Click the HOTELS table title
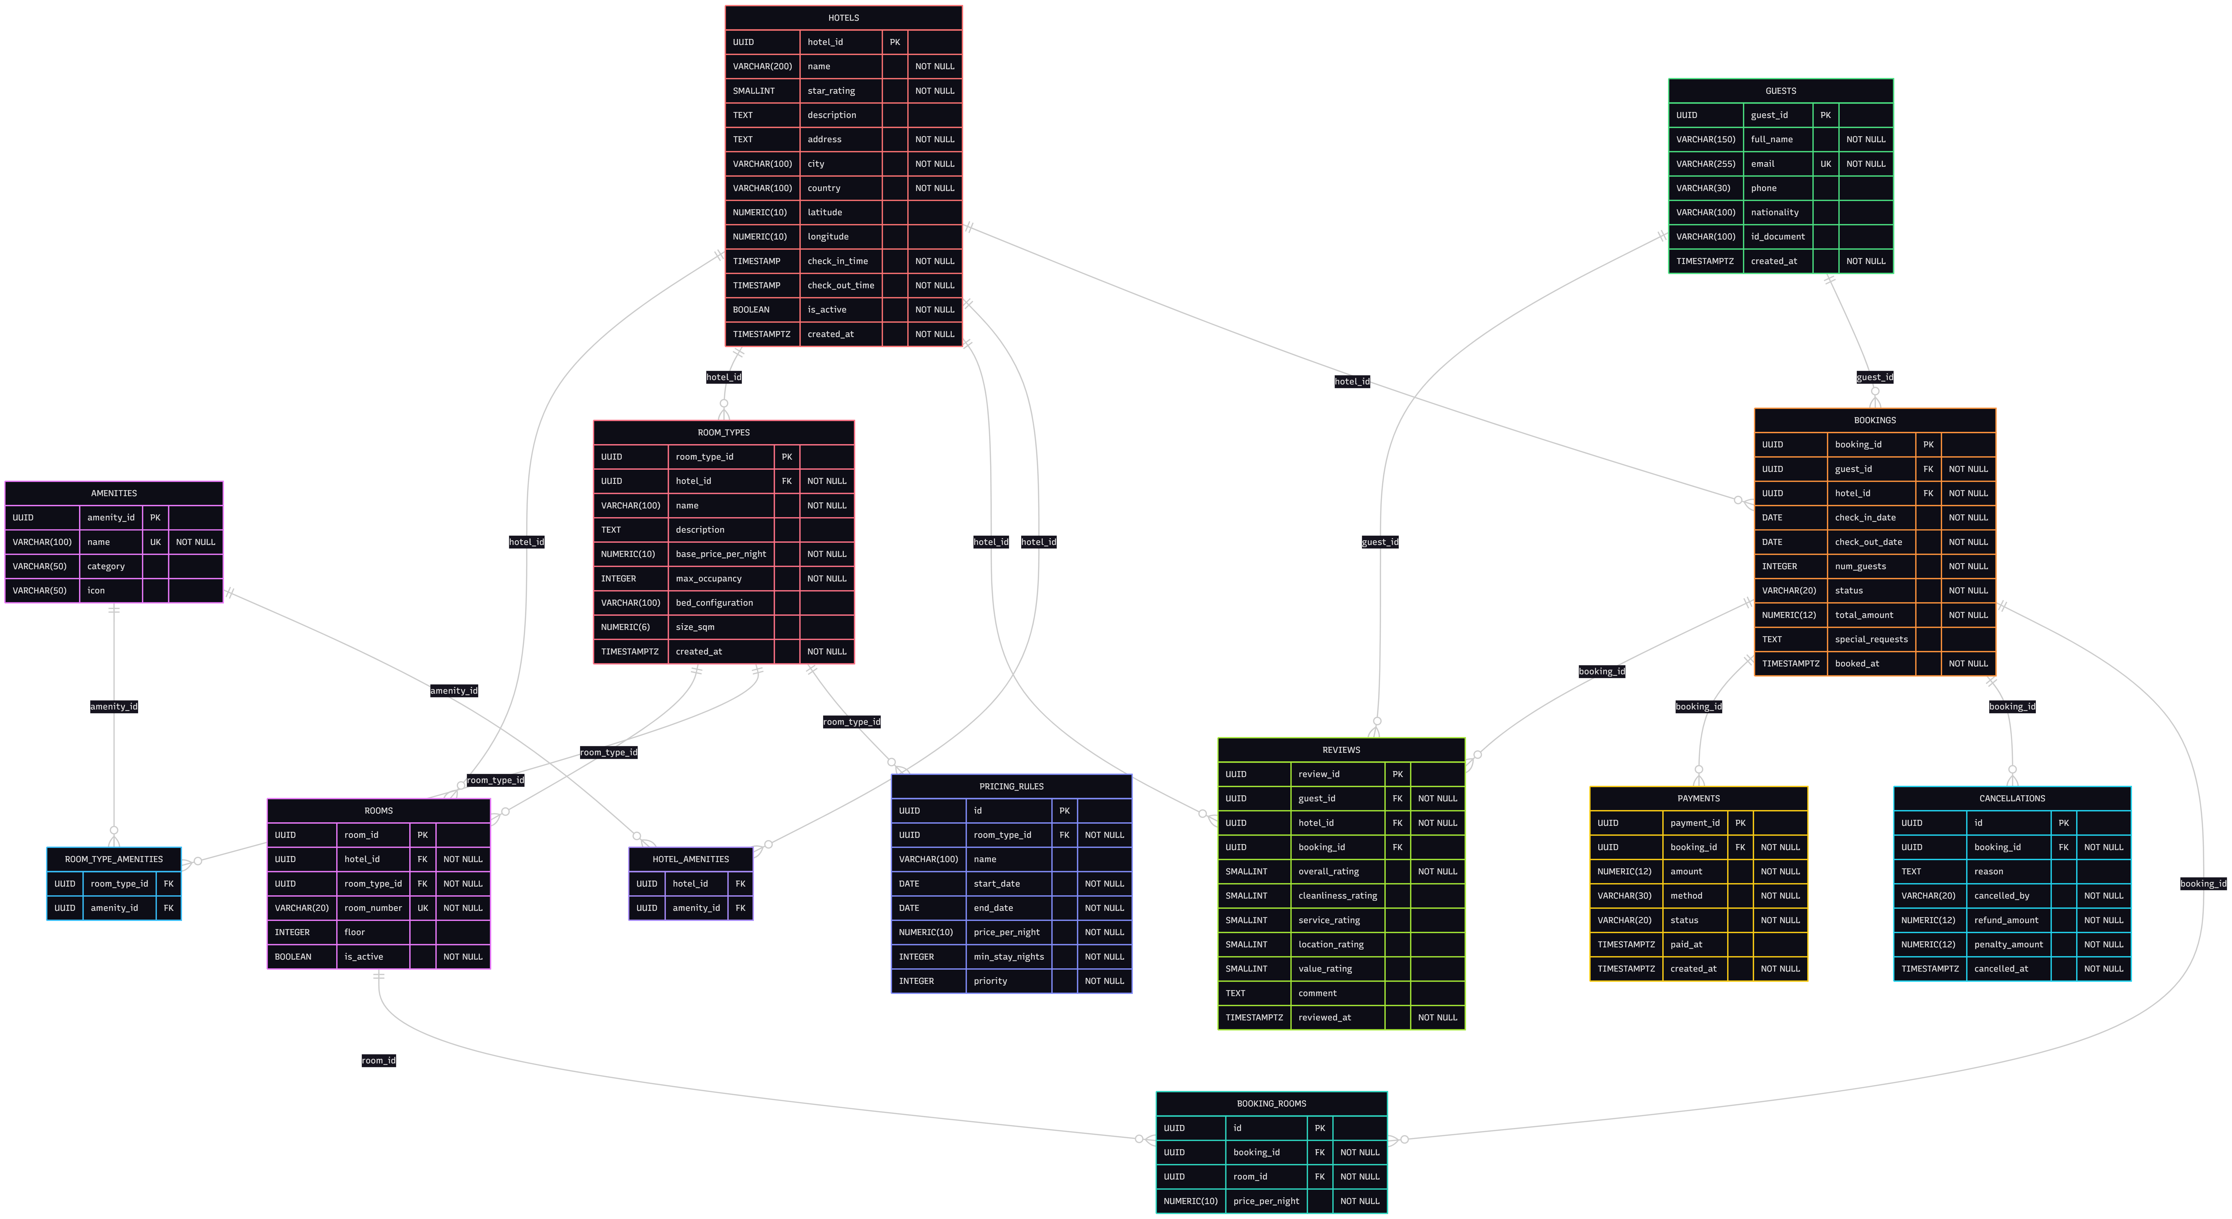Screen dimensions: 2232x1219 [843, 17]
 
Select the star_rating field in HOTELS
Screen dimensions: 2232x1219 [831, 91]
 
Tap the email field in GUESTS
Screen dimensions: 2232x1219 [1762, 164]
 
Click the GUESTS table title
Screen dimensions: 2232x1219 [1781, 91]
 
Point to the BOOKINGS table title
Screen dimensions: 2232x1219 [1875, 420]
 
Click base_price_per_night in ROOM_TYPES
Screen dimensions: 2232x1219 [721, 554]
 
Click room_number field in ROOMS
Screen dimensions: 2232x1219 [372, 908]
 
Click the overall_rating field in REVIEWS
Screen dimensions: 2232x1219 [1328, 872]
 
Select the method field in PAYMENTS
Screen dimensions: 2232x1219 [1686, 896]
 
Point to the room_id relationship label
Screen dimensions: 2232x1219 [379, 1060]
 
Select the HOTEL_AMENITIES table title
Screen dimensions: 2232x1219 [691, 859]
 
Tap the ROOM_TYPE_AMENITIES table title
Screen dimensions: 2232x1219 [114, 859]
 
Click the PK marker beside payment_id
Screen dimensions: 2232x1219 [1740, 823]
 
